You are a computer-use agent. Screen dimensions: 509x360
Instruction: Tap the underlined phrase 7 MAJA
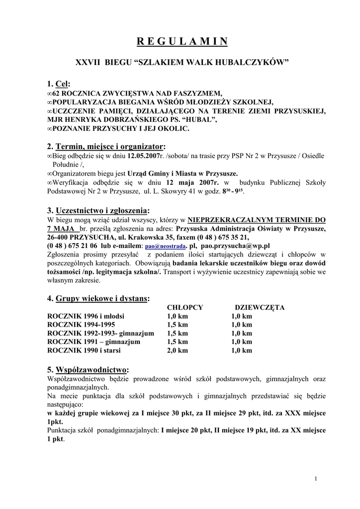63,228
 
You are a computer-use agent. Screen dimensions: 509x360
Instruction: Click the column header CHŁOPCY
185,308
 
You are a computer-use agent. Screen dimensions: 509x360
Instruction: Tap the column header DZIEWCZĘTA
260,308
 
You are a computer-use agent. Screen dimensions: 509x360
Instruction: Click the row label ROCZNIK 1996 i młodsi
86,316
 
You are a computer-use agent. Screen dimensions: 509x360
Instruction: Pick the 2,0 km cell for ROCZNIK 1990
178,350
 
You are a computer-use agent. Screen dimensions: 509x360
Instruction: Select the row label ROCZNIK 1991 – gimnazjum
93,342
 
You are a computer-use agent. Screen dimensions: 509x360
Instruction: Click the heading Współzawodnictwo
91,370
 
